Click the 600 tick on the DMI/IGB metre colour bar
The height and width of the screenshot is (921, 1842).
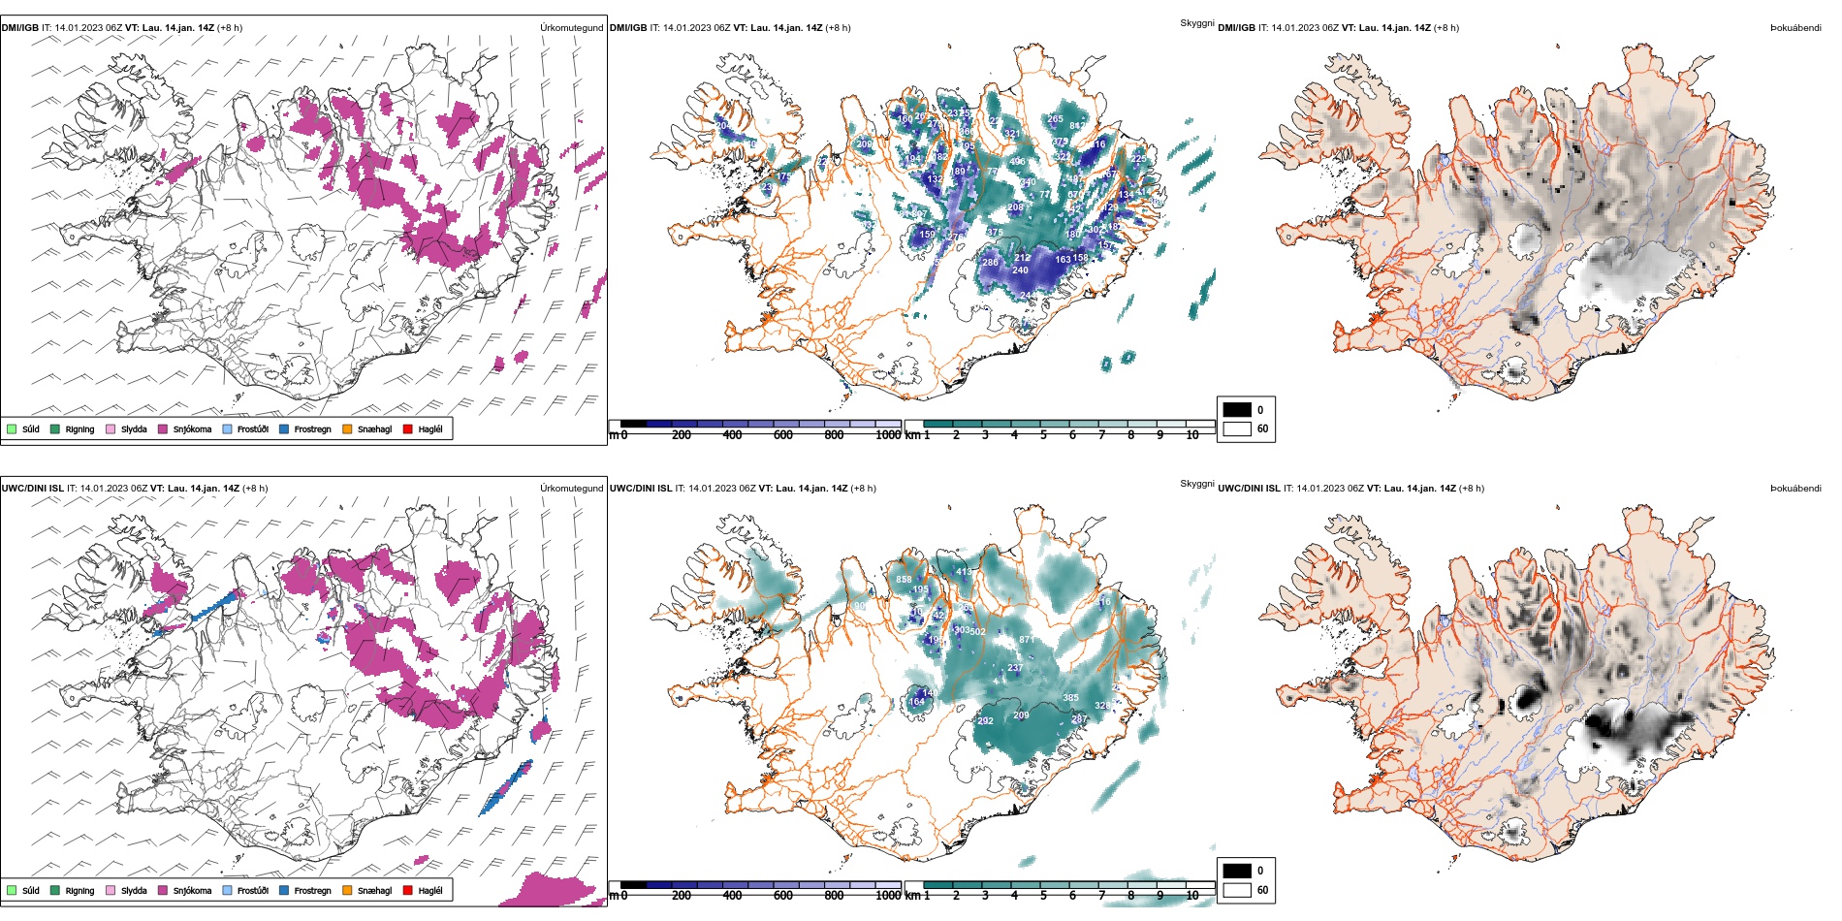click(x=783, y=435)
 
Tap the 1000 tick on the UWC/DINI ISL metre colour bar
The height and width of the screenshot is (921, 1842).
click(x=888, y=896)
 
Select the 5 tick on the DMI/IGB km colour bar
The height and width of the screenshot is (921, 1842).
click(x=1043, y=435)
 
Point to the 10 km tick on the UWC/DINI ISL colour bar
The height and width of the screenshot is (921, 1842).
click(x=1192, y=896)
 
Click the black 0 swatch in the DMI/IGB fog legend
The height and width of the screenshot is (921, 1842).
click(x=1237, y=409)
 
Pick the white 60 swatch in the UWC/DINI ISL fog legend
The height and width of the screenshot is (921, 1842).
click(x=1237, y=890)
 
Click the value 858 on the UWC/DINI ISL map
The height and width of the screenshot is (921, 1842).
click(x=904, y=580)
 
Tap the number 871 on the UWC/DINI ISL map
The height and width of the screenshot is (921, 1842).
click(x=1027, y=640)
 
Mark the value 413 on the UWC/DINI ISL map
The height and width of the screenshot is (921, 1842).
click(x=964, y=572)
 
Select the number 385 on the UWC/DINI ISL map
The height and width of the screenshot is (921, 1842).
click(x=1070, y=698)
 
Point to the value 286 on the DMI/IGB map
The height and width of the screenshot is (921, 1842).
click(x=990, y=263)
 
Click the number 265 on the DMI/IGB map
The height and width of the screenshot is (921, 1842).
click(x=1055, y=119)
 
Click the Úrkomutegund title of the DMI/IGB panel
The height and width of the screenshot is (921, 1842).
click(x=571, y=28)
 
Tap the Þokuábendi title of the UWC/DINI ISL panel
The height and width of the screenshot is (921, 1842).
click(x=1795, y=489)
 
